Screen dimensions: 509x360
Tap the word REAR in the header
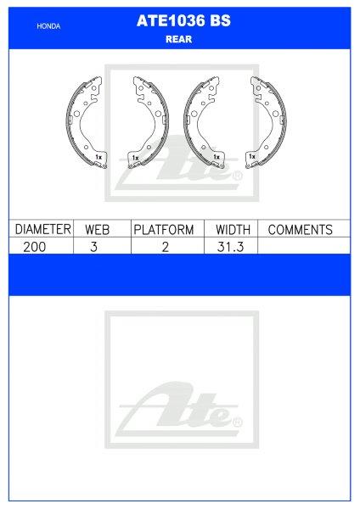coord(178,39)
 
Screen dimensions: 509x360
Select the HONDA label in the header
coord(49,27)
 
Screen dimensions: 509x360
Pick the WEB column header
coord(102,230)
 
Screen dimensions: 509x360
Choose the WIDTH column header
coord(232,230)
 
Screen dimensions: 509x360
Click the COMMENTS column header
coord(300,230)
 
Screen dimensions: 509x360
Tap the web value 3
coord(102,246)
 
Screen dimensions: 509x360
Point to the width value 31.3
coord(232,246)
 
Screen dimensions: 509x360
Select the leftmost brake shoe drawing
coord(87,123)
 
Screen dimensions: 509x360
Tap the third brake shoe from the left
coord(204,123)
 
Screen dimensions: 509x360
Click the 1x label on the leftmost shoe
coord(98,158)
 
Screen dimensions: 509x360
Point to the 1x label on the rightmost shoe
coord(252,157)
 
